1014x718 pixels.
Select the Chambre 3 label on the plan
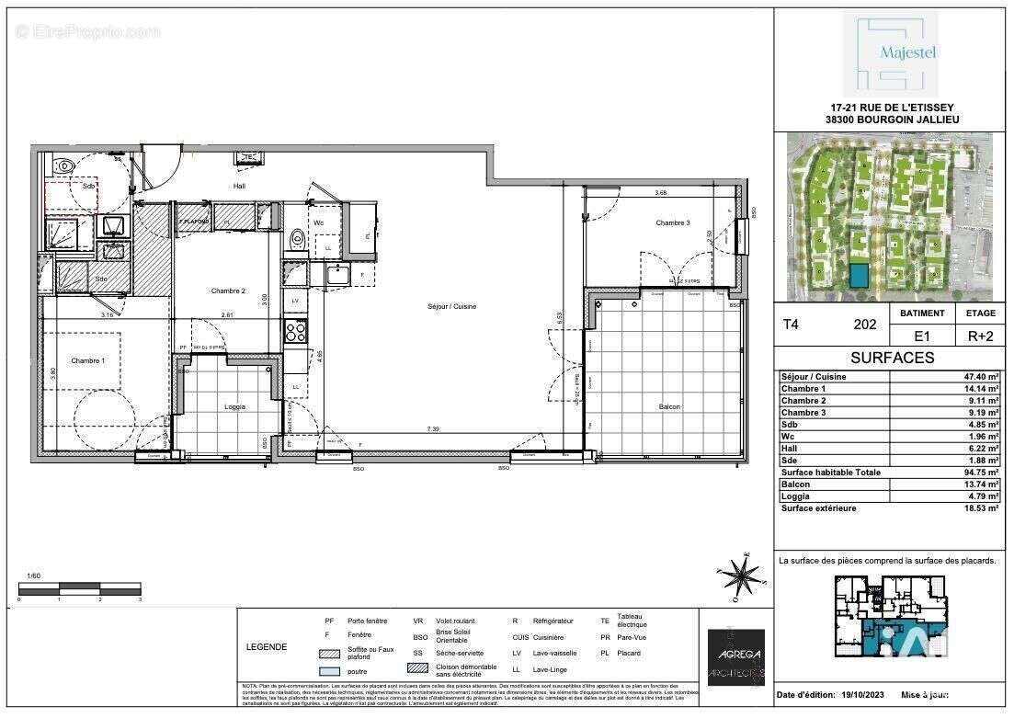click(672, 223)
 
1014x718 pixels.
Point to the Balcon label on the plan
click(668, 406)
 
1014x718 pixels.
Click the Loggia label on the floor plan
click(235, 406)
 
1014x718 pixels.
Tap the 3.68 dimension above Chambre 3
click(660, 193)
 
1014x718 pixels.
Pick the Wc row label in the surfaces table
click(786, 437)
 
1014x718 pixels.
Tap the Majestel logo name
click(889, 52)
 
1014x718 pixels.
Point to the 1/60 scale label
click(34, 576)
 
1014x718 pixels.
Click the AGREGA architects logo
click(735, 656)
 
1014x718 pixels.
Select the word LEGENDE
click(266, 646)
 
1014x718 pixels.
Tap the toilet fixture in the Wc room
click(296, 239)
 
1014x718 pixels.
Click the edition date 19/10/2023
click(862, 695)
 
